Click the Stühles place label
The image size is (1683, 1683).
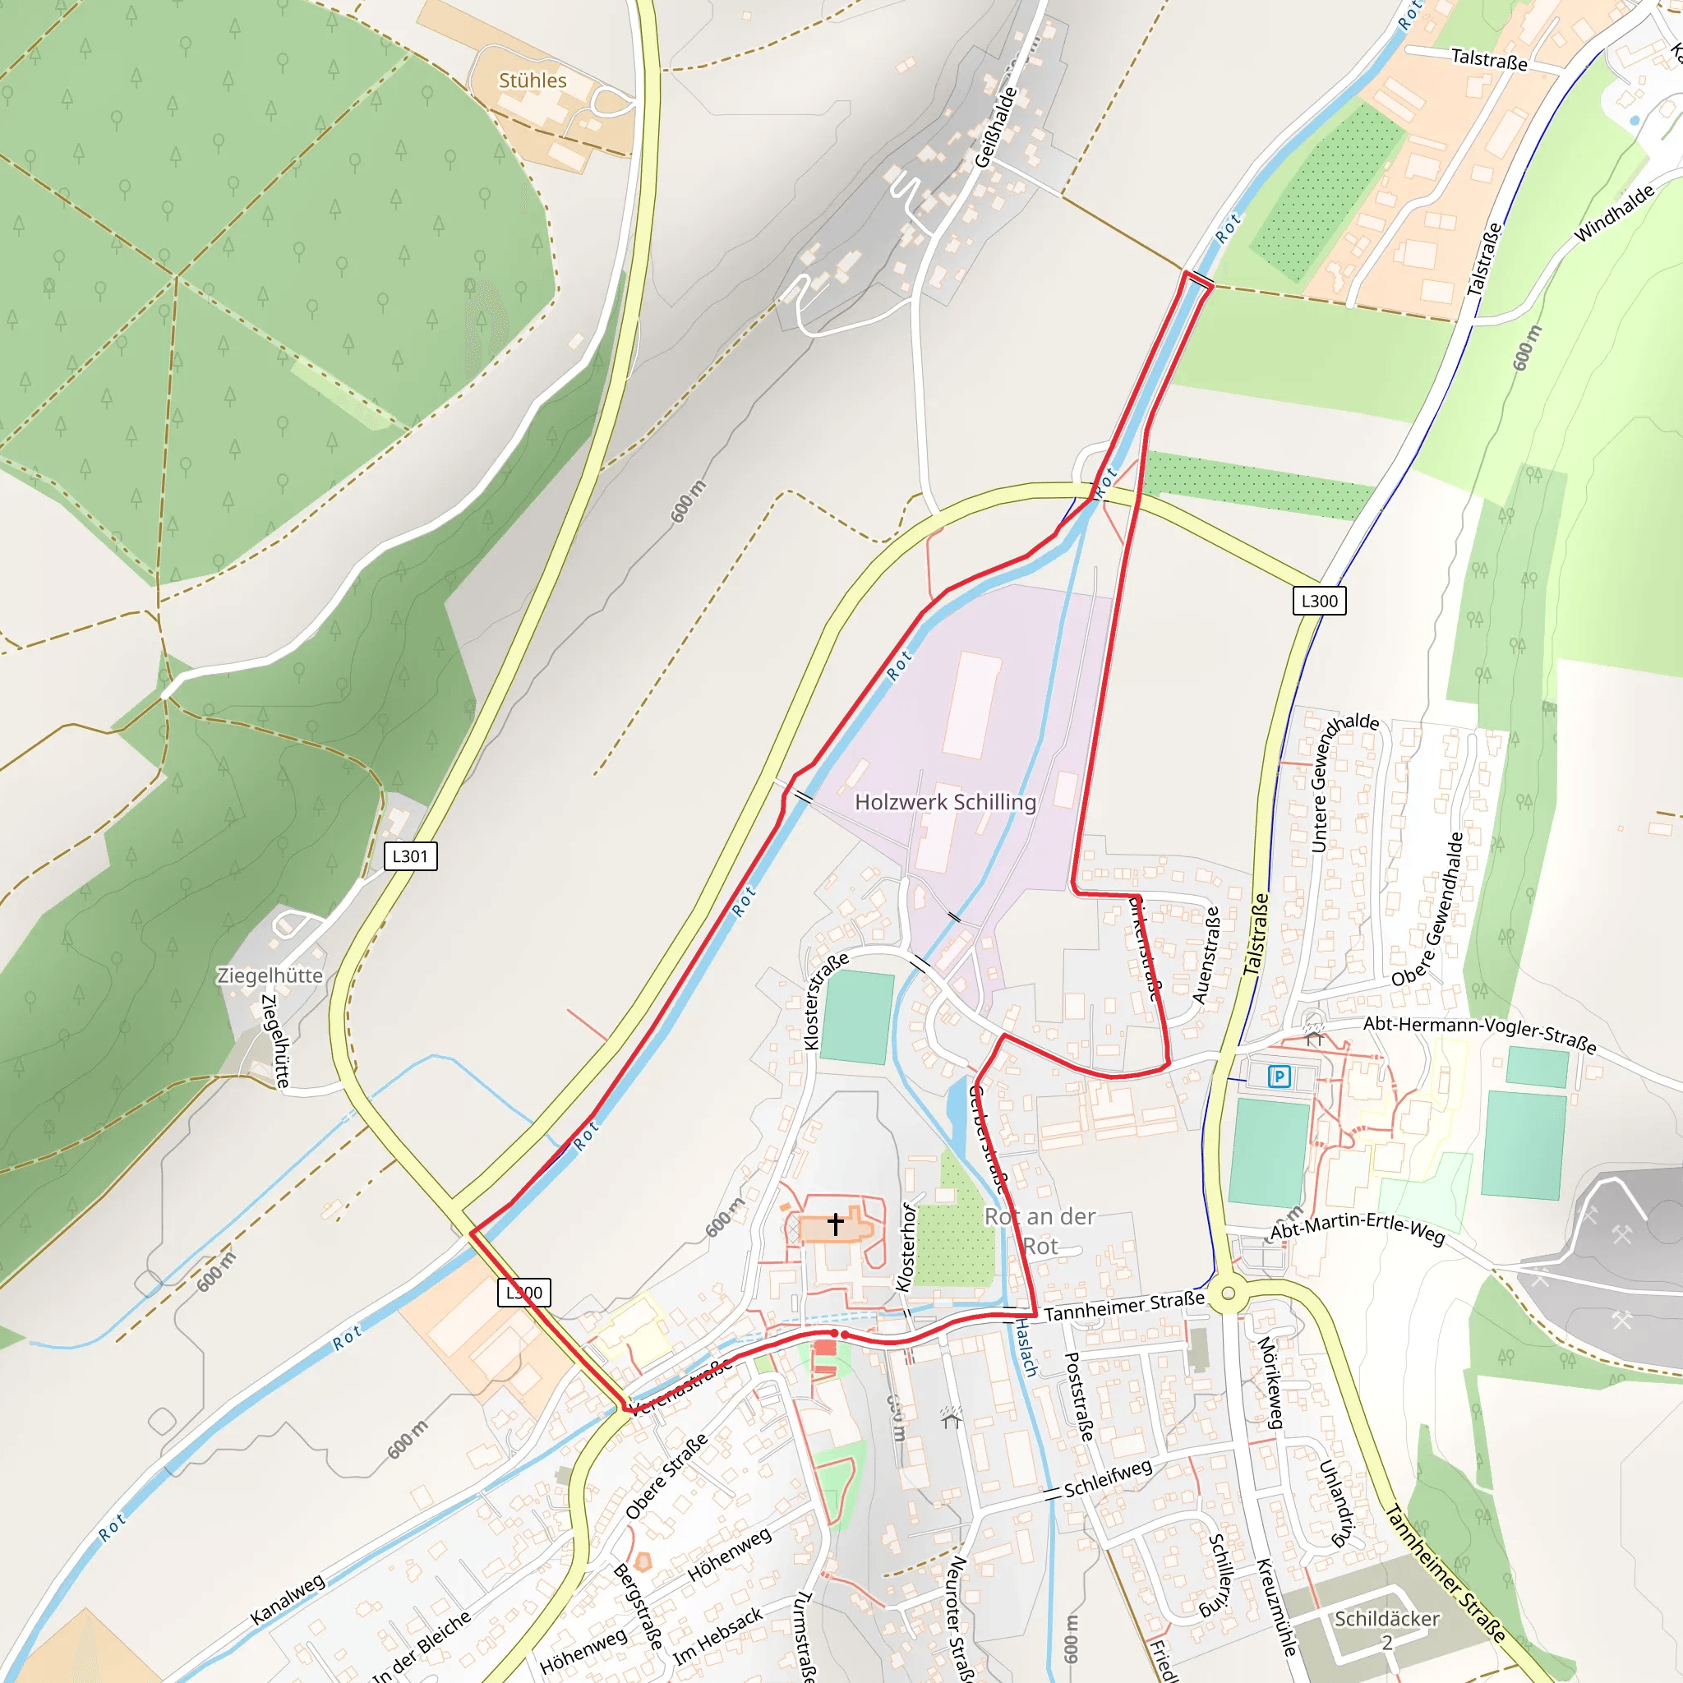[x=533, y=81]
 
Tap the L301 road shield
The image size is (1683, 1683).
[x=410, y=856]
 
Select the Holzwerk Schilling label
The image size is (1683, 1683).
[x=945, y=801]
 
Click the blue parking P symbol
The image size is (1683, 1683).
[x=1279, y=1077]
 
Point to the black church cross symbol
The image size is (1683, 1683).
[x=836, y=1224]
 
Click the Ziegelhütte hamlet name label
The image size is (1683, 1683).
[x=270, y=975]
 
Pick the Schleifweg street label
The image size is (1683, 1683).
[x=1108, y=1479]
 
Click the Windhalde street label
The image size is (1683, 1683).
[x=1614, y=214]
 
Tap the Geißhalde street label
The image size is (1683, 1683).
[x=996, y=127]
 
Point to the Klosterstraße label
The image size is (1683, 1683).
[x=825, y=1002]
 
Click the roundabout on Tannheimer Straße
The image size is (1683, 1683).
[x=1229, y=1293]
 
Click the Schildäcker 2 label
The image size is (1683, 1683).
[x=1387, y=1630]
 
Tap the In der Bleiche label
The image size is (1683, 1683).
[x=421, y=1646]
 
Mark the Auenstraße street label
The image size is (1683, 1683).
[x=1206, y=956]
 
